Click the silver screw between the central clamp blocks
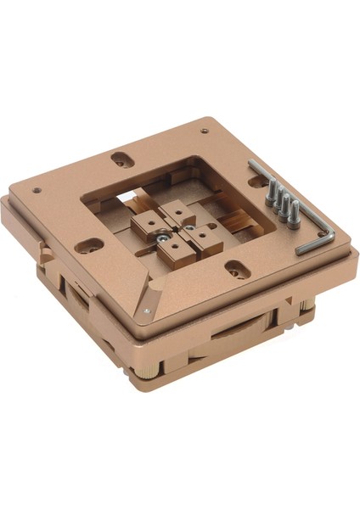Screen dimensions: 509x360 [x=161, y=239]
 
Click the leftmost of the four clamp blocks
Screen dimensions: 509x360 [x=145, y=224]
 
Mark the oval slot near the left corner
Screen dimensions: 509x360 [x=88, y=247]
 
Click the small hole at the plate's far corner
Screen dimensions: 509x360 [x=204, y=131]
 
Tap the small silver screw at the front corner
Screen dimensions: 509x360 [x=150, y=312]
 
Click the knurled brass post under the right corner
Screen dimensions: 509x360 [x=304, y=302]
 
